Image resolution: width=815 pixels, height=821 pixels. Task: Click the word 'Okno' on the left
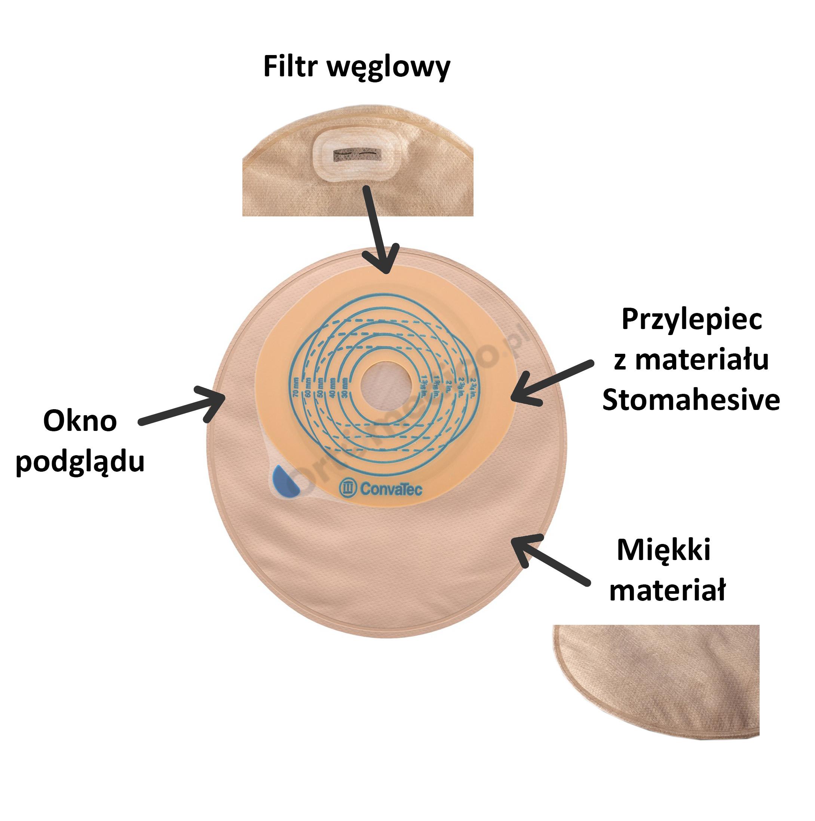80,422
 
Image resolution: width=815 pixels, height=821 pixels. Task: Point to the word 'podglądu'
80,462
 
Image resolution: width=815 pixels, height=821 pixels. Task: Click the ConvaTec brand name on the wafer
391,489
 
